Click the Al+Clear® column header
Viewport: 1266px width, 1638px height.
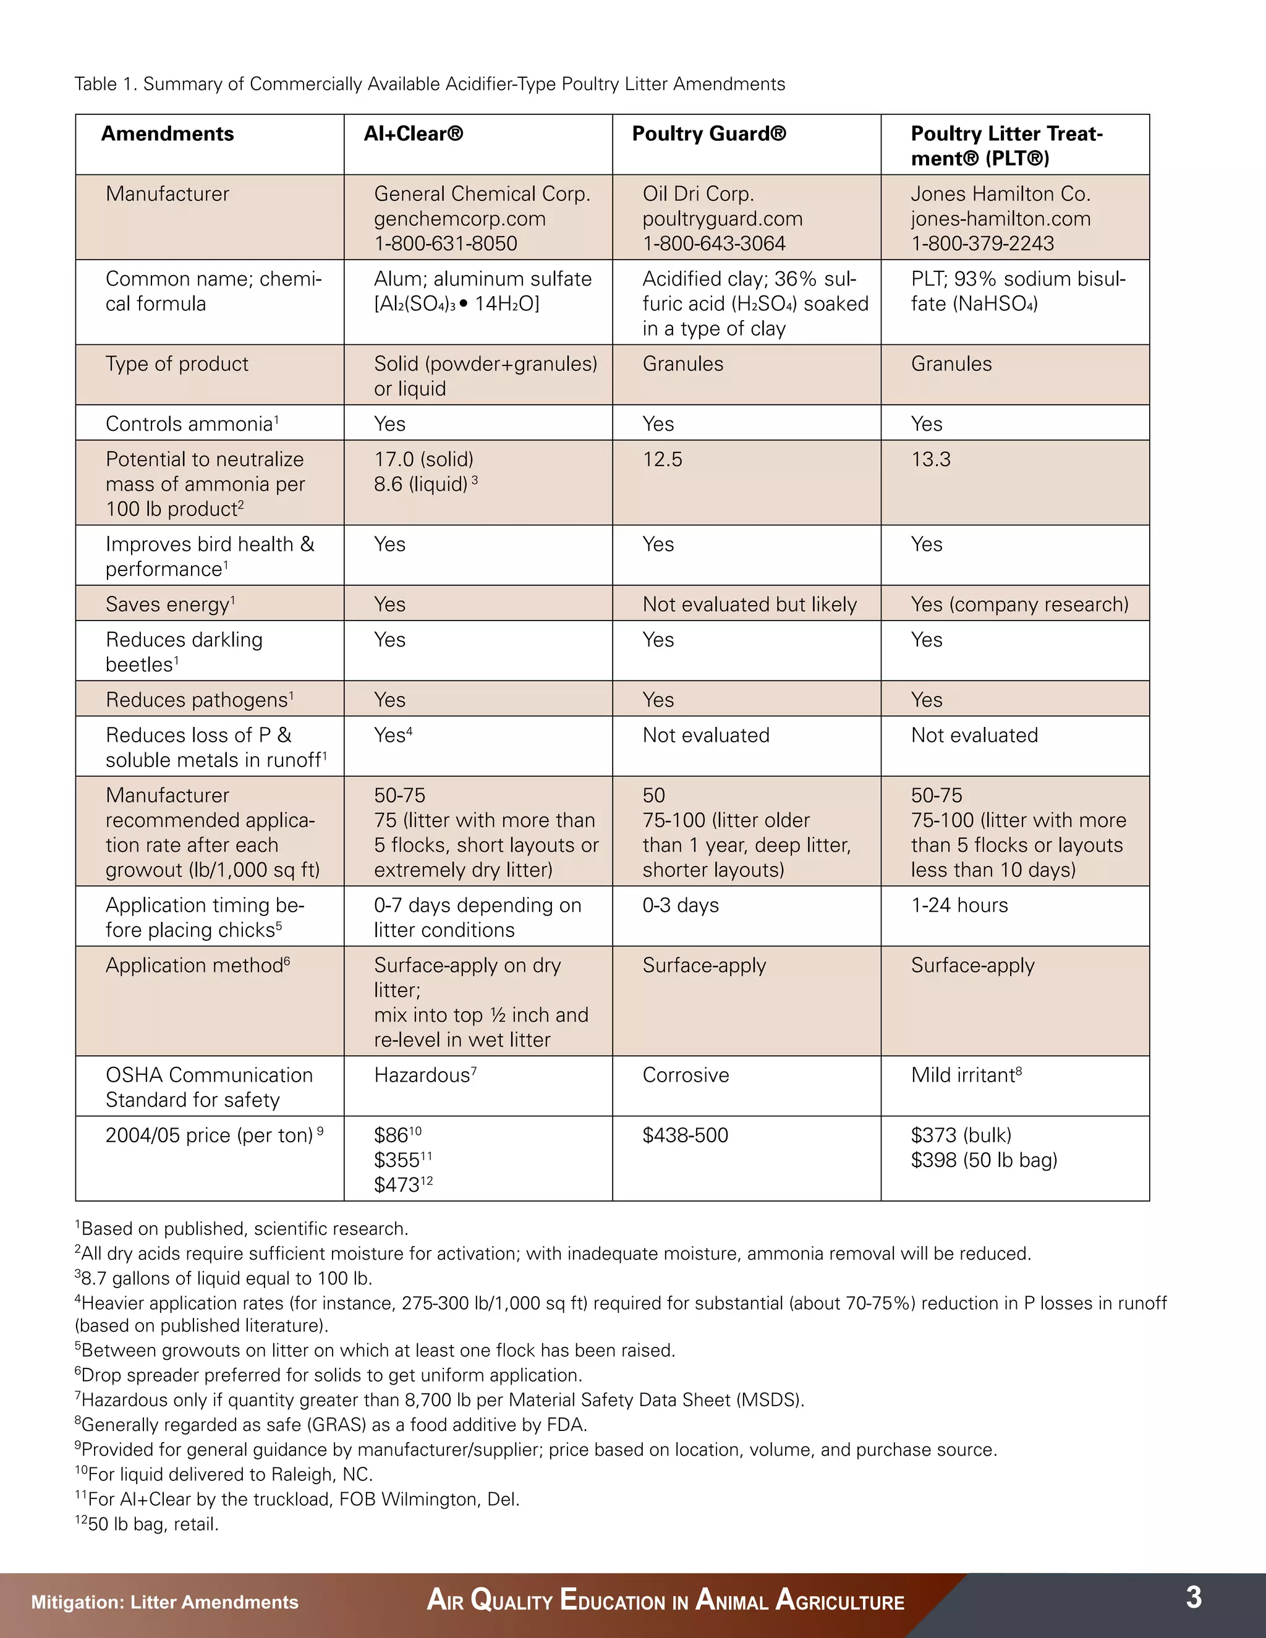(414, 134)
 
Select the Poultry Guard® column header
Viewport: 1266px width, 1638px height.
(709, 134)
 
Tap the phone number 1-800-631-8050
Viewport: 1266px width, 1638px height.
(446, 244)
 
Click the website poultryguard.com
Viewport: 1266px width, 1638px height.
(722, 219)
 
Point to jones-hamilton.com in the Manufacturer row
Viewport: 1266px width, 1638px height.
(1001, 219)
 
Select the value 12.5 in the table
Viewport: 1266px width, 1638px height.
(662, 459)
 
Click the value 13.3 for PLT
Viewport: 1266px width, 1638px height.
(931, 459)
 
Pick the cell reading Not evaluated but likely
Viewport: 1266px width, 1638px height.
(749, 605)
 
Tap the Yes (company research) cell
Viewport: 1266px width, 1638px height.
(1019, 605)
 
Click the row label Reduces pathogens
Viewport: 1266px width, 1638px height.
(199, 700)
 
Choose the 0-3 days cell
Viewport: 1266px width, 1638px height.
(680, 906)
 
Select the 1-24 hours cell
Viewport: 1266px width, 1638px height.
(959, 906)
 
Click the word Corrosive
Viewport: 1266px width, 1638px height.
(686, 1076)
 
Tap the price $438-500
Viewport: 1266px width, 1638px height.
(685, 1135)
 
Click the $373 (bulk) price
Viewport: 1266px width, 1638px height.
(961, 1135)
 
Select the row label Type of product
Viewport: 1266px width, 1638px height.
(177, 363)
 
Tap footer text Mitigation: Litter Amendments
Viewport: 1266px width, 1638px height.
(165, 1602)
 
